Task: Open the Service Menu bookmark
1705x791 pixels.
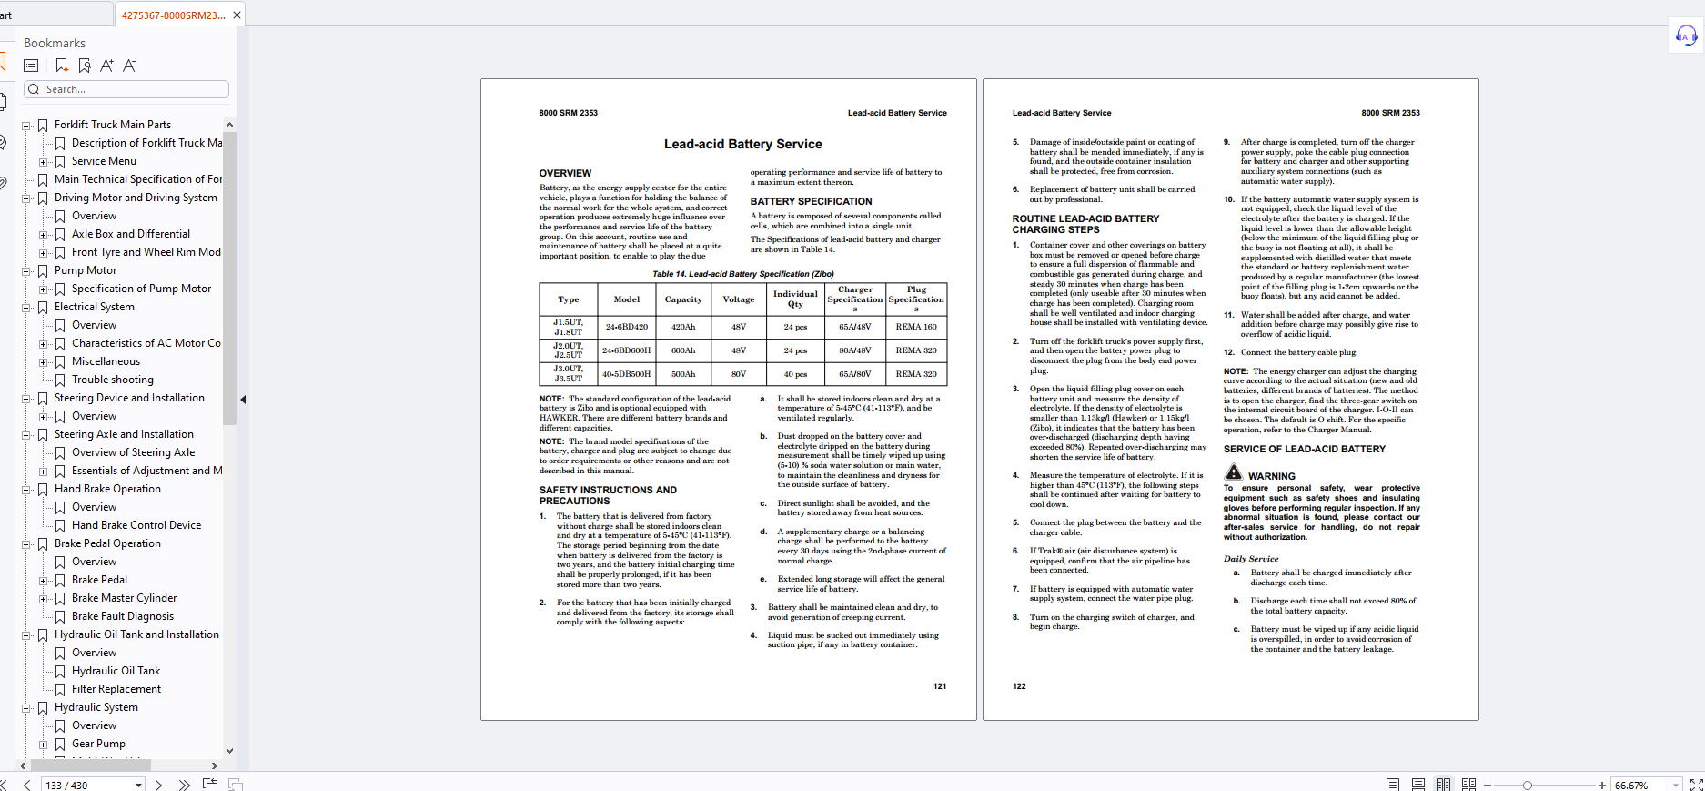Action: tap(104, 161)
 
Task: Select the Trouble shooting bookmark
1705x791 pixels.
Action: tap(113, 380)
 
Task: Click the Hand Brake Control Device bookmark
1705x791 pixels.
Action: tap(136, 525)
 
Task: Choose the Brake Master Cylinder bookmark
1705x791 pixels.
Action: tap(124, 598)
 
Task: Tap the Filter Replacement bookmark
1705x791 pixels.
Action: tap(116, 689)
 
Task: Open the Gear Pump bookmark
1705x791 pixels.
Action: tap(98, 744)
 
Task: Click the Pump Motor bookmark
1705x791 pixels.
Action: tap(86, 270)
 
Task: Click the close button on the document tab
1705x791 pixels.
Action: tap(237, 15)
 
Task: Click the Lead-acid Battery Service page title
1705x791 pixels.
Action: tap(742, 144)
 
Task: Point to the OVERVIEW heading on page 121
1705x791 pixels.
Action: tap(565, 173)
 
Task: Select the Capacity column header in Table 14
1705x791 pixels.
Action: tap(682, 299)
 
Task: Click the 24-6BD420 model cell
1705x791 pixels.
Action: tap(627, 327)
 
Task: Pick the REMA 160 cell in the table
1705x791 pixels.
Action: tap(915, 327)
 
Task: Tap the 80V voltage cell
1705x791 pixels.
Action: tap(738, 374)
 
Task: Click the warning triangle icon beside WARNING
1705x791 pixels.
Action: tap(1233, 472)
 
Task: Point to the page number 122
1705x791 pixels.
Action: tap(1019, 686)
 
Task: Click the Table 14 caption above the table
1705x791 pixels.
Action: tap(742, 274)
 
